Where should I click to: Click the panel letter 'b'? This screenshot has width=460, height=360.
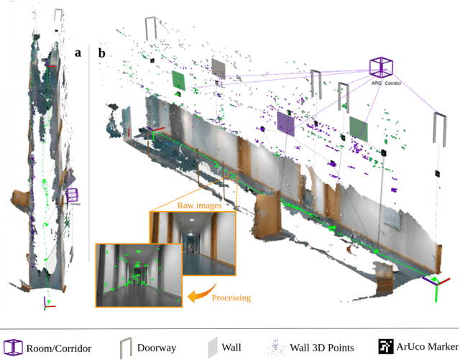point(102,52)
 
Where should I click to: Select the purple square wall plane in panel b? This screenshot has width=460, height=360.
point(285,123)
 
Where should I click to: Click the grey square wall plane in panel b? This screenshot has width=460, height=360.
point(218,68)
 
